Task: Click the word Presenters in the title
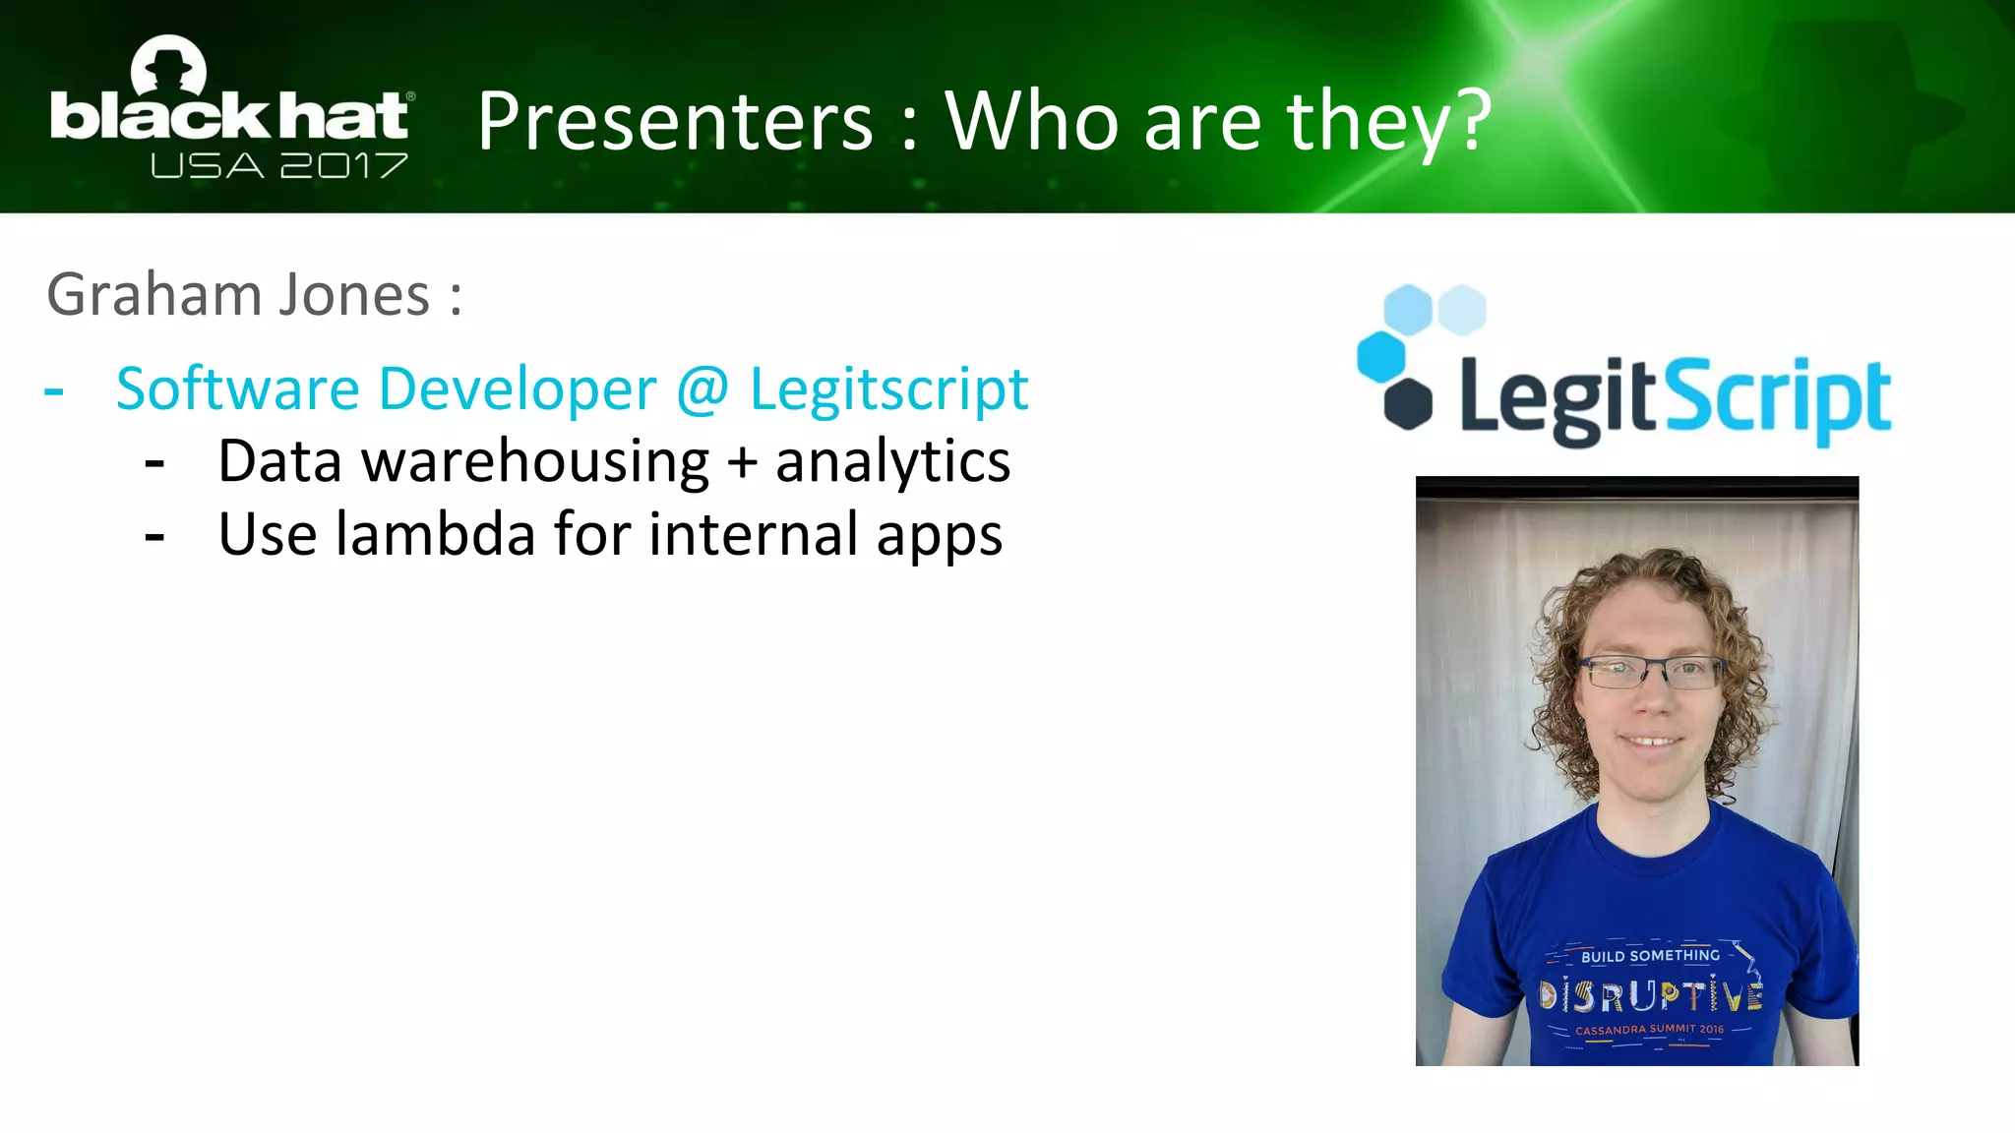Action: tap(675, 122)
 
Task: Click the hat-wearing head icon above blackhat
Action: tap(169, 67)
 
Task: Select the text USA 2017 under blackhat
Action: tap(278, 165)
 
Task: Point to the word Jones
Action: tap(354, 295)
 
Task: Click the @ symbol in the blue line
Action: tap(702, 388)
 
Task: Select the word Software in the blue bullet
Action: tap(237, 388)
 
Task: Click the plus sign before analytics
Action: tap(743, 462)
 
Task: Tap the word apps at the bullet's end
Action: tap(939, 537)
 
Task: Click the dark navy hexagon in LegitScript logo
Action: tap(1408, 403)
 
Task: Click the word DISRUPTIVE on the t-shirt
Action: tap(1651, 996)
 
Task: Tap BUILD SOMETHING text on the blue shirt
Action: tap(1650, 956)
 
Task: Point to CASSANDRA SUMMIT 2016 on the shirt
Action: tap(1649, 1030)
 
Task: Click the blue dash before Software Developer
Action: tap(54, 390)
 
